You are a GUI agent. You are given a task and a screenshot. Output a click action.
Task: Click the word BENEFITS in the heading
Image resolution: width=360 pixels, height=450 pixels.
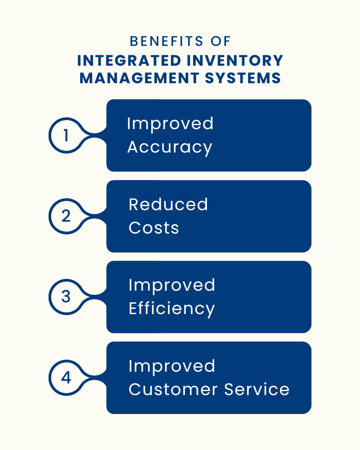click(x=166, y=41)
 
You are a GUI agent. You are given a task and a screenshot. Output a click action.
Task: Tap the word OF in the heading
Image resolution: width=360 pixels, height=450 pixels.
click(x=220, y=41)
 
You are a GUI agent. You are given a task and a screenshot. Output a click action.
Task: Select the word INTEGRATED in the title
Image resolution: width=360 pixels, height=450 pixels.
click(x=129, y=61)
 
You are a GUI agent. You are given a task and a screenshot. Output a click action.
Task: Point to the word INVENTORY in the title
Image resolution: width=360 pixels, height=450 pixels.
click(x=235, y=61)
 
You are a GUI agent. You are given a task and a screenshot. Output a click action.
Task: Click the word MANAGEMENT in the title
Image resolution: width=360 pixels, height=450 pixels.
click(x=139, y=78)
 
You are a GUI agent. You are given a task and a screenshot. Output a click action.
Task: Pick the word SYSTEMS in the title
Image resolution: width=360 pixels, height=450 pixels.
click(x=243, y=78)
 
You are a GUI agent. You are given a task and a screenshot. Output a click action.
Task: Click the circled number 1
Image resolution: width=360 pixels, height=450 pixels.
click(x=66, y=135)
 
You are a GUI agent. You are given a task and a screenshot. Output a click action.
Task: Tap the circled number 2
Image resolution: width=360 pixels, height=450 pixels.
click(x=66, y=216)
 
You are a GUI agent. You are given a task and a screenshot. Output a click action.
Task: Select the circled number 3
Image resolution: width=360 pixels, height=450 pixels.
click(x=66, y=297)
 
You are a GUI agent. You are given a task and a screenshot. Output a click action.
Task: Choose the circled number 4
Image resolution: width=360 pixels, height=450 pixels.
click(x=66, y=378)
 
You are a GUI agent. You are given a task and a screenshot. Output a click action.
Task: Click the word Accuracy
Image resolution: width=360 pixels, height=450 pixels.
click(x=170, y=148)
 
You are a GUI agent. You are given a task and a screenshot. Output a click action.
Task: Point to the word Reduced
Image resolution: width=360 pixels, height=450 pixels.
click(x=168, y=204)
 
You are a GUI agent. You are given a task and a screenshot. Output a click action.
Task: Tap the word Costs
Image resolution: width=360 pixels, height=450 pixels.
click(x=153, y=228)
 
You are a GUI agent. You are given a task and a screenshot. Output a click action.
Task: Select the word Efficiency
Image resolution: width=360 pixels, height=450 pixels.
click(x=171, y=310)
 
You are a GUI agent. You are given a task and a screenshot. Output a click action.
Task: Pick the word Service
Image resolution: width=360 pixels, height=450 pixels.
click(x=256, y=389)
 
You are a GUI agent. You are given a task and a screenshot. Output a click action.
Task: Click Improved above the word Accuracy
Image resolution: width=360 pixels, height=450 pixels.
click(x=170, y=124)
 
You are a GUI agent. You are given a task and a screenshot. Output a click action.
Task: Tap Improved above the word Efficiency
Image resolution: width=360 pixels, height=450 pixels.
click(x=171, y=286)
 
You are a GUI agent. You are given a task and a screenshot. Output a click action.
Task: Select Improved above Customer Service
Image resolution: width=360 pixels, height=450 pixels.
click(x=171, y=367)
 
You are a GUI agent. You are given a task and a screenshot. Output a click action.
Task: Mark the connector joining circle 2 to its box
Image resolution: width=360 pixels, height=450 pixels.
click(x=95, y=216)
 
